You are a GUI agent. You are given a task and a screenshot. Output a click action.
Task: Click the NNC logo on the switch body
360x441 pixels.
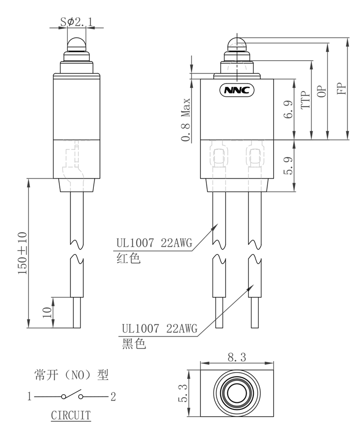tap(237, 90)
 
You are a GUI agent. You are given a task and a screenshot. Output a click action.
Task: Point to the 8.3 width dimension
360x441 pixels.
tap(237, 357)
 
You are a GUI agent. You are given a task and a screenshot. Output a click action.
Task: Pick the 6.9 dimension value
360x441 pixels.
tap(288, 109)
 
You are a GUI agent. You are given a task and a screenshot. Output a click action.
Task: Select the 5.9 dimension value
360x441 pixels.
tap(288, 165)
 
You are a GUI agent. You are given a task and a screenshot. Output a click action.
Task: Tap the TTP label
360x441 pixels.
tap(305, 99)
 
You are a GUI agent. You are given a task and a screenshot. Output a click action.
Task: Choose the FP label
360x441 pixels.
tap(341, 88)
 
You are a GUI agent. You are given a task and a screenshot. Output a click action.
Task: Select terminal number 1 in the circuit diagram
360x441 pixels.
tap(29, 396)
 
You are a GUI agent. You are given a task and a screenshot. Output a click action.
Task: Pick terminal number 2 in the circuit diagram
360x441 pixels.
tap(113, 396)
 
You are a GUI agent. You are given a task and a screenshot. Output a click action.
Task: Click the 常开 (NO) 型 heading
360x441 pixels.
tap(71, 375)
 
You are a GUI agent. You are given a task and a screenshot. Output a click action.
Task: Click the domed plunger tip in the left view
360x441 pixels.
tap(77, 45)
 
